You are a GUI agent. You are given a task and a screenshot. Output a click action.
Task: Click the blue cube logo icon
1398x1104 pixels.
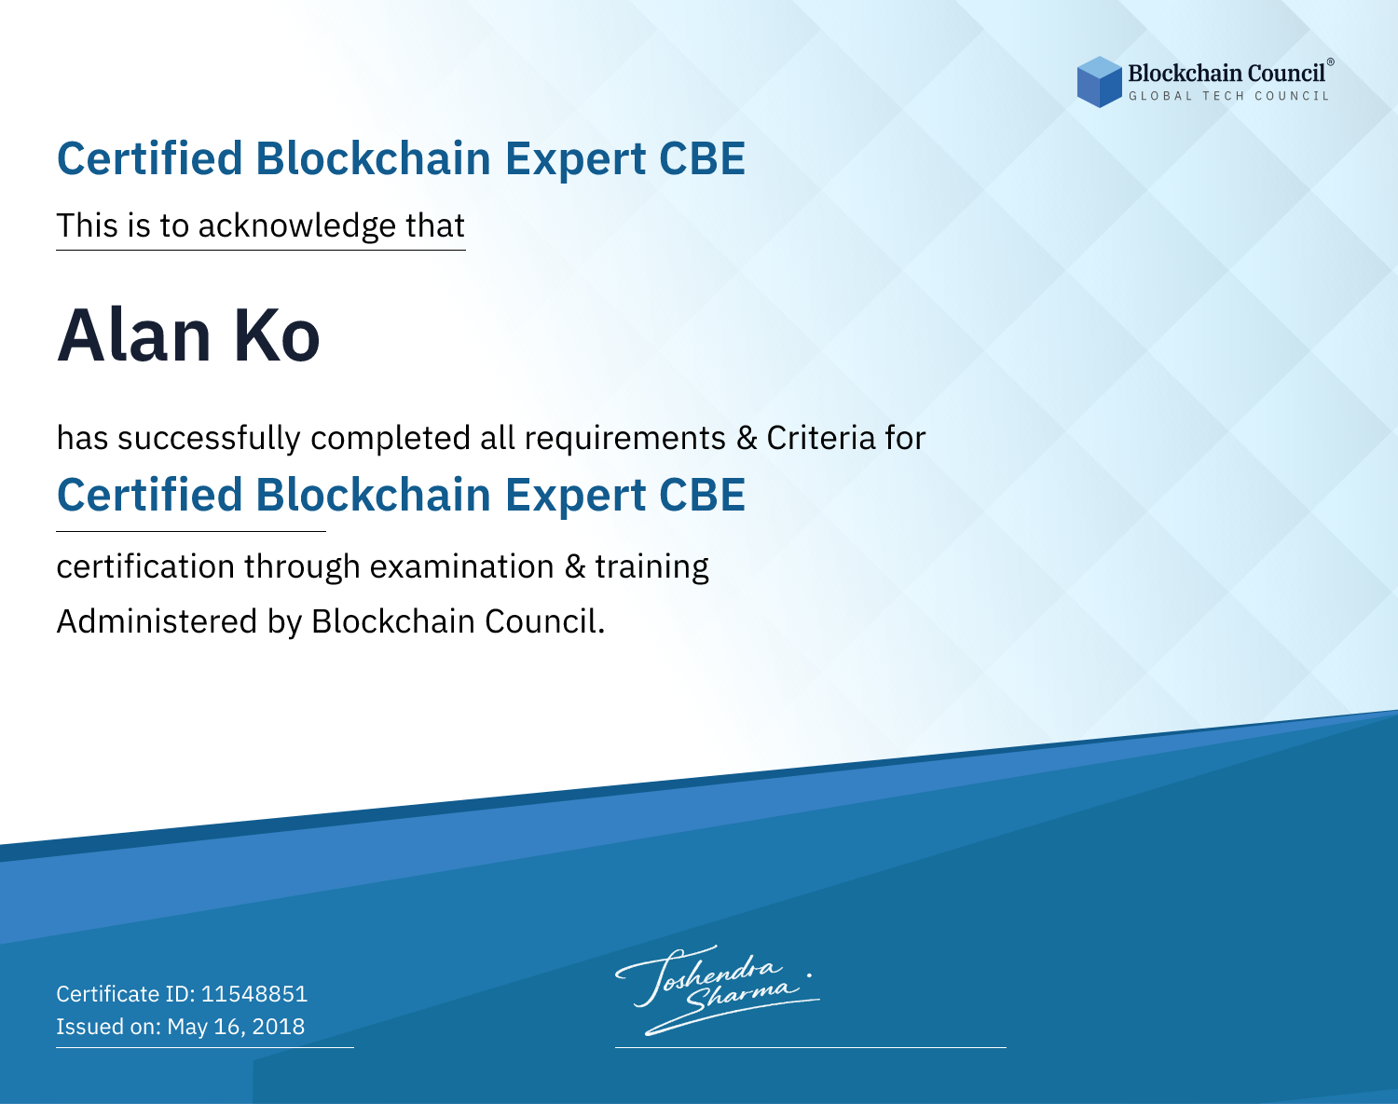[1099, 82]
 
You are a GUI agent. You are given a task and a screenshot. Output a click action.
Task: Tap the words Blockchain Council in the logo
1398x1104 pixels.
[1226, 74]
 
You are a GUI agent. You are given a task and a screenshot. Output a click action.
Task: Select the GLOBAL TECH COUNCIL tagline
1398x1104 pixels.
[1228, 96]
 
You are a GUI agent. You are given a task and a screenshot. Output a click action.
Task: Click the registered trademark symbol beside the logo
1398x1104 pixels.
[1331, 62]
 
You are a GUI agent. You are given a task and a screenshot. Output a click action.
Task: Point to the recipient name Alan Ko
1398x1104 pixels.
[188, 336]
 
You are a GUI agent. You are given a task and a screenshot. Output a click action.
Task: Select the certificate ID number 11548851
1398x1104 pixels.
[254, 993]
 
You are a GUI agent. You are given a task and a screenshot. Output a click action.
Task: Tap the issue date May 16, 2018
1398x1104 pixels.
[236, 1026]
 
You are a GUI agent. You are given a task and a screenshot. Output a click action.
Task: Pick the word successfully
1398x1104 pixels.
[209, 438]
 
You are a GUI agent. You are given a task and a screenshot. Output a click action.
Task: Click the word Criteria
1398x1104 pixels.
[820, 438]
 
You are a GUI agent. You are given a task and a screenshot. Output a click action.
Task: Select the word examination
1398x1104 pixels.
[462, 566]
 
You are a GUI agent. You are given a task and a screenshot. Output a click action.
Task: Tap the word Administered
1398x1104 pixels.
[157, 620]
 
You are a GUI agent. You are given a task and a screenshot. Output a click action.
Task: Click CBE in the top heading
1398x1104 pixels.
[702, 158]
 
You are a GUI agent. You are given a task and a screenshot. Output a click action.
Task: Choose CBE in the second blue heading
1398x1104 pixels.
[702, 495]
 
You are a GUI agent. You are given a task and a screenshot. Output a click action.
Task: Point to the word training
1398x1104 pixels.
[651, 567]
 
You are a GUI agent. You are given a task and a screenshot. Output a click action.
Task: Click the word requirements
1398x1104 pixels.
[625, 439]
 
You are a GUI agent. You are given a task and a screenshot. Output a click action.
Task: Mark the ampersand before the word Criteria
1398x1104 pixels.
[747, 438]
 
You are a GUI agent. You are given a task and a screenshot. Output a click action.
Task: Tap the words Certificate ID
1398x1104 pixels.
[126, 993]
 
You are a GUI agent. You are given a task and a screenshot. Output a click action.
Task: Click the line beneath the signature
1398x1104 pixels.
[810, 1047]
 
